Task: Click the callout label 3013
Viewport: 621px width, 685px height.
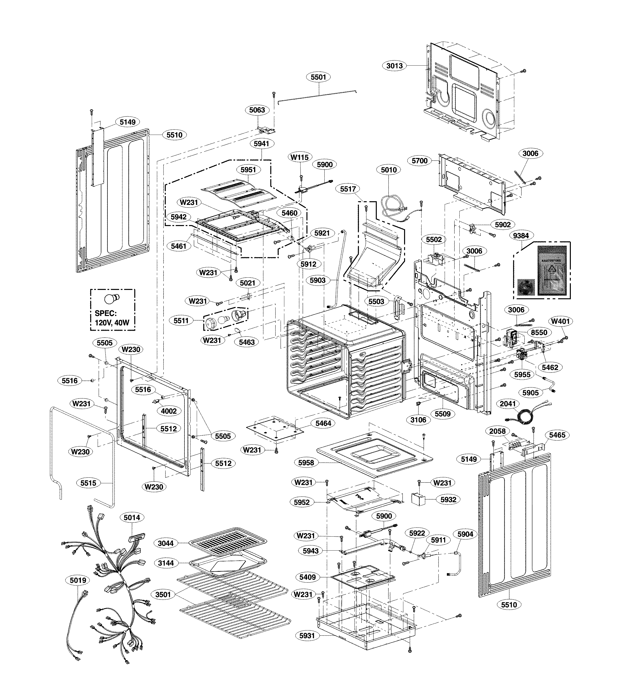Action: [394, 66]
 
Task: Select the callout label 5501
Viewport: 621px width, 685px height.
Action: [318, 77]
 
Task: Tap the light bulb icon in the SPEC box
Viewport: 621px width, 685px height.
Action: [112, 299]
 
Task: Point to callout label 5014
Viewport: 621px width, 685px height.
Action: [132, 517]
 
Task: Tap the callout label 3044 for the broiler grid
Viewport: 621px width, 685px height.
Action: [166, 543]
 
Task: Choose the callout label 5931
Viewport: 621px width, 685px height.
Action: [307, 635]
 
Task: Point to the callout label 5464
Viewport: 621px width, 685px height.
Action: [323, 423]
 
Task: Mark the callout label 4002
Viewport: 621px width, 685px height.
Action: [169, 411]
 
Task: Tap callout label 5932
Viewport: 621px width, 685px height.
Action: [448, 499]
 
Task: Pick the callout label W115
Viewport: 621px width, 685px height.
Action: [300, 157]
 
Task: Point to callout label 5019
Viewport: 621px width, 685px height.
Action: [78, 580]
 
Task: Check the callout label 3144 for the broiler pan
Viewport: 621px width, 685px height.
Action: [166, 563]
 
